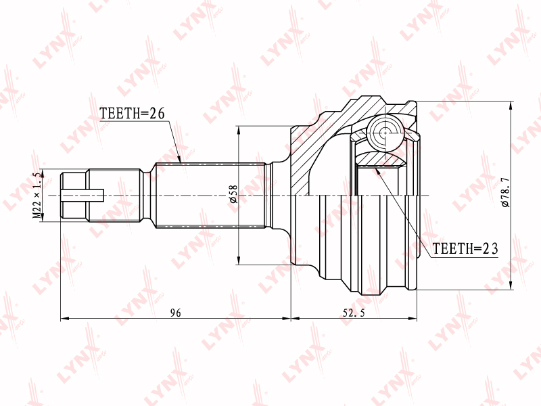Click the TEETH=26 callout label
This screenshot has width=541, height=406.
click(132, 113)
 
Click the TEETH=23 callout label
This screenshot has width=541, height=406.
click(465, 248)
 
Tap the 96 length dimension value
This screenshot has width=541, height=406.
click(176, 313)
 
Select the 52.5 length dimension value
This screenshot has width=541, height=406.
click(354, 313)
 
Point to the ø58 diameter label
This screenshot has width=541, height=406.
click(233, 194)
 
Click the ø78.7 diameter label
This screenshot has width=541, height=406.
click(505, 192)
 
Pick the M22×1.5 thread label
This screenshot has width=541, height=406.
click(37, 196)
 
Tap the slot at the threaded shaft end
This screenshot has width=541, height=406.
click(83, 196)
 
